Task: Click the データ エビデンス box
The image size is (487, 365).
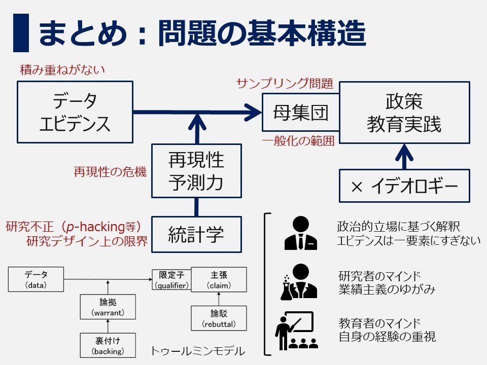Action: (75, 113)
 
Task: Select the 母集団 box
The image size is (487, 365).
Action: (300, 113)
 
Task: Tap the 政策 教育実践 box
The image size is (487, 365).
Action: (404, 113)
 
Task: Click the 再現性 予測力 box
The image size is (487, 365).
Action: (196, 171)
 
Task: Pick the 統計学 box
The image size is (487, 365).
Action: (196, 235)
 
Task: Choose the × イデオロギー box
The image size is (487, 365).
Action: (404, 186)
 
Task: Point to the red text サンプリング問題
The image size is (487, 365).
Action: (285, 84)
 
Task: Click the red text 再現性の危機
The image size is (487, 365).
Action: (110, 172)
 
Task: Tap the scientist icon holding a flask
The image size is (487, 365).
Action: (299, 281)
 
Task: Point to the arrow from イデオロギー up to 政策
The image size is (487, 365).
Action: (404, 156)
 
